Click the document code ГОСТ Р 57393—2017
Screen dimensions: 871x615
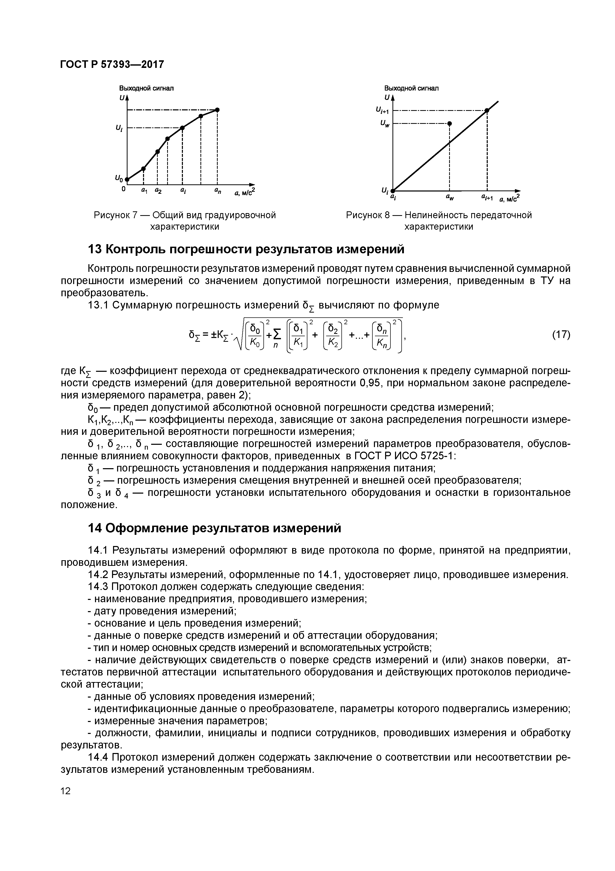[x=112, y=65]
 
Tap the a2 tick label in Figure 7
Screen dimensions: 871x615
[x=158, y=191]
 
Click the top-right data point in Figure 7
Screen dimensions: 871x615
[x=217, y=110]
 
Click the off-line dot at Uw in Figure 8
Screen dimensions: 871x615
[x=449, y=124]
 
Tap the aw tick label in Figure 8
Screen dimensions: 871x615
[x=449, y=197]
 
